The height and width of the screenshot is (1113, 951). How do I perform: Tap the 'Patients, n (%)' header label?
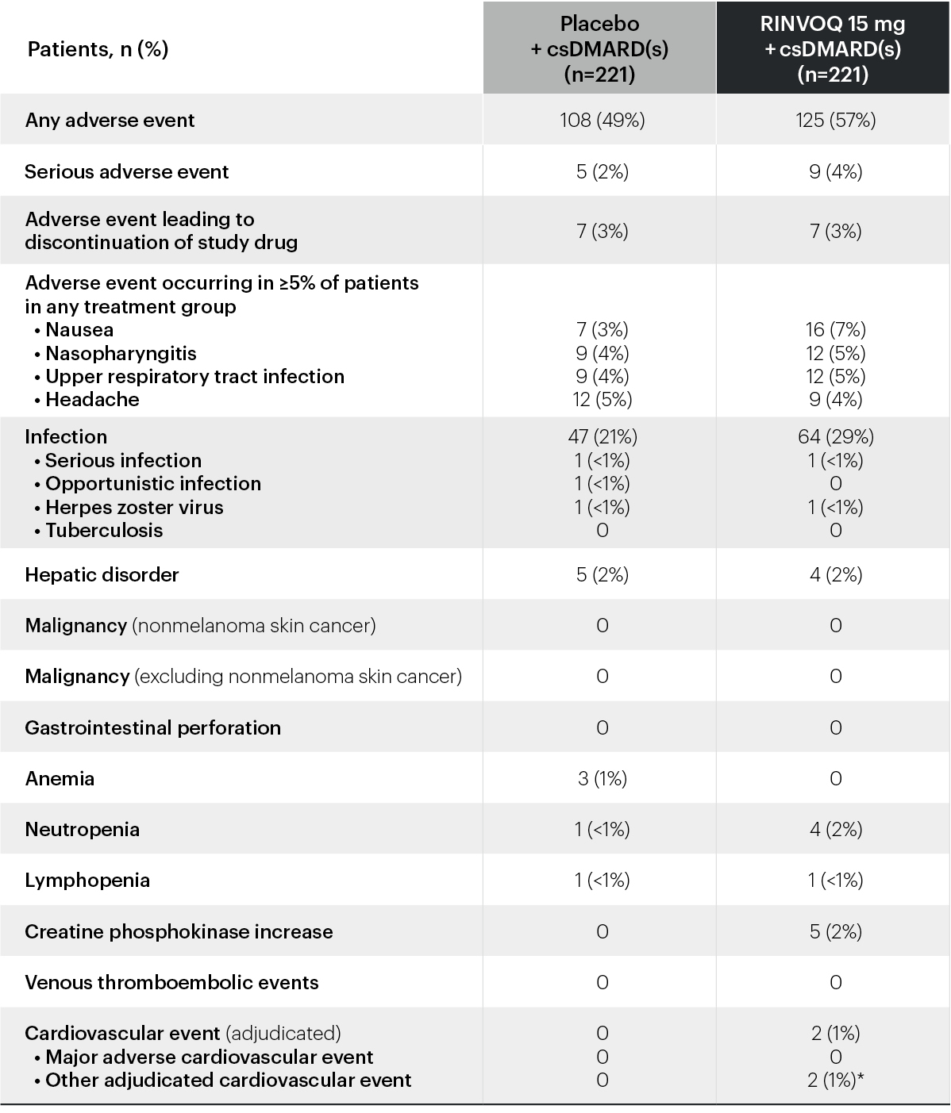pos(98,49)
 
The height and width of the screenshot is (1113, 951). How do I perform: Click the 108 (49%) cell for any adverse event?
pos(602,120)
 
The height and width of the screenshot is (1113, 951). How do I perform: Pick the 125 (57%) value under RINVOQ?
pos(835,120)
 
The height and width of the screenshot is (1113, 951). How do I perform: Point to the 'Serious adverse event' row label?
pos(126,171)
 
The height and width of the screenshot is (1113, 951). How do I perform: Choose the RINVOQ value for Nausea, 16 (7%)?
pos(835,329)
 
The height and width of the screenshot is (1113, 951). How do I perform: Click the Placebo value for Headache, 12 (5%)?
pos(602,399)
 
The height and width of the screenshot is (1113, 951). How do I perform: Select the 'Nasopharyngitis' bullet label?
pos(121,353)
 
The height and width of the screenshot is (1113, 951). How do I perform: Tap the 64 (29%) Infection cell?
pos(835,436)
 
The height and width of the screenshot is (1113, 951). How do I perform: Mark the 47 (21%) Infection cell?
pos(602,436)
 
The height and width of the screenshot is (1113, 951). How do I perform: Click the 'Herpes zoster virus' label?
pos(134,507)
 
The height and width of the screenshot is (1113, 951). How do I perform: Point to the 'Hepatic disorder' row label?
pos(102,574)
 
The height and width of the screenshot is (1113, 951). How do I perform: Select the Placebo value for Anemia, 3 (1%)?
pos(602,778)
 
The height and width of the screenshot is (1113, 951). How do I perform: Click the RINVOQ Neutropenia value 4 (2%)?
pos(835,829)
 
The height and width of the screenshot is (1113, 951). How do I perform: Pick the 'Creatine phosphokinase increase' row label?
pos(179,931)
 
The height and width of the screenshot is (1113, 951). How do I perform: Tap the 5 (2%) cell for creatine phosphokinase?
pos(835,931)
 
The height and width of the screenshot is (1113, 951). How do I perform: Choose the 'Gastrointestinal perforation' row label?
pos(152,727)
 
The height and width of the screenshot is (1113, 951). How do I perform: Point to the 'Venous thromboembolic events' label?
pos(171,982)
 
